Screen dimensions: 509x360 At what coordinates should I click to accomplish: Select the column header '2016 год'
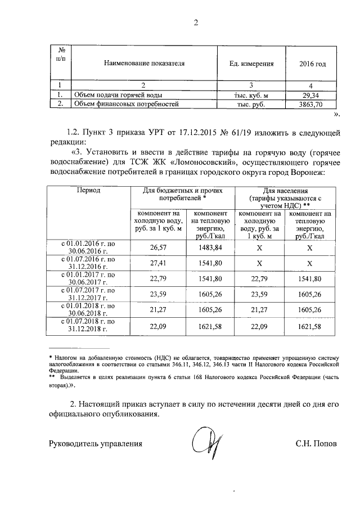click(x=312, y=64)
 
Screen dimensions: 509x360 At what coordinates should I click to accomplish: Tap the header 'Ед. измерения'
click(x=251, y=64)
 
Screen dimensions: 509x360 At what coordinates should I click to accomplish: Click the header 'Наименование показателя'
click(x=143, y=64)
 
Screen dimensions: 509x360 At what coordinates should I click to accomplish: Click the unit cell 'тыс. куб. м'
click(x=251, y=94)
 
